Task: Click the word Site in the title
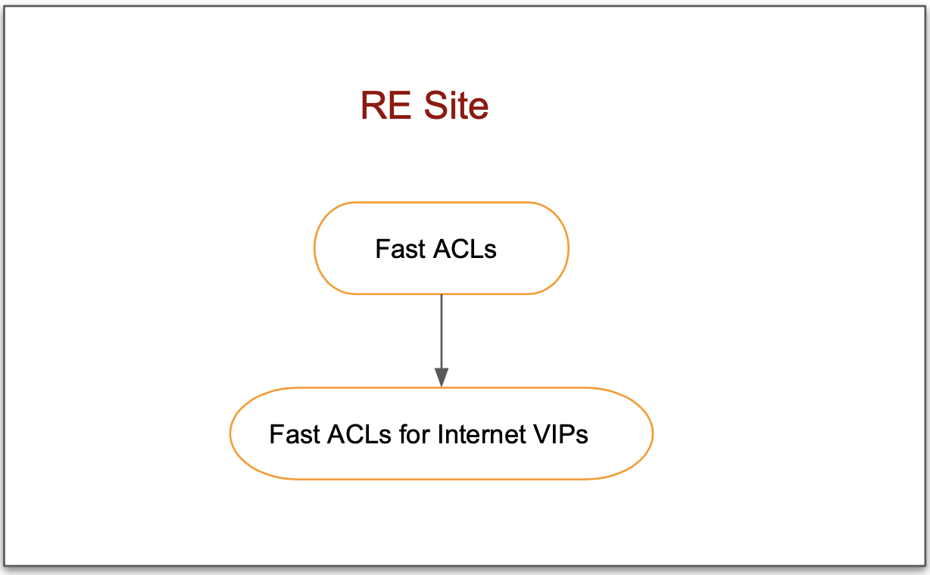(x=456, y=106)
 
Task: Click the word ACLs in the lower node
(x=357, y=434)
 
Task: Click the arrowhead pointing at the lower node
(x=442, y=378)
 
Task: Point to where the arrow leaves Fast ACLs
(x=442, y=295)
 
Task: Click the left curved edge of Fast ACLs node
(x=315, y=248)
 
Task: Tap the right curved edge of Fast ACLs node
(x=568, y=248)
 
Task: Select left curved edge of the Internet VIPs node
(x=231, y=434)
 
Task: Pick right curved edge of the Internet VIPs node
(x=652, y=434)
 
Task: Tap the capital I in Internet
(x=442, y=434)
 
